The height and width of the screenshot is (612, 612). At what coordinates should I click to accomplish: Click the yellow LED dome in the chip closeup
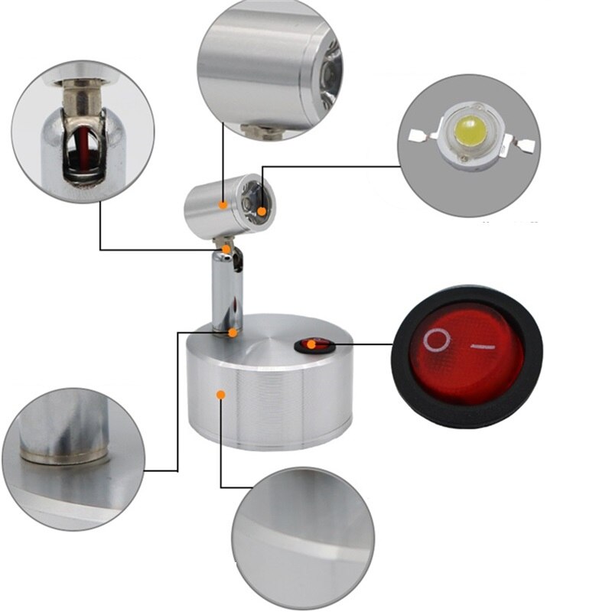pos(469,137)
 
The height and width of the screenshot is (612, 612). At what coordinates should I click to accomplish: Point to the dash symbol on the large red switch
pos(480,347)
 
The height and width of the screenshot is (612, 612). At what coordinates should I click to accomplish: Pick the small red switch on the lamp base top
pos(314,346)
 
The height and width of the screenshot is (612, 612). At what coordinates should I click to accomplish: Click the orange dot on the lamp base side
pos(220,395)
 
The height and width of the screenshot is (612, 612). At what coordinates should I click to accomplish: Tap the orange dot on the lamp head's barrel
pos(223,204)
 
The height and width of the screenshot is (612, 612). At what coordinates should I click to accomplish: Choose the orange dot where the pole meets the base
pos(233,332)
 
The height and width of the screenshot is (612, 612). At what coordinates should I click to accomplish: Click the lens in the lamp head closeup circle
pos(324,76)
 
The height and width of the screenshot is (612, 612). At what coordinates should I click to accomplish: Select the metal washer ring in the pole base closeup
pos(65,456)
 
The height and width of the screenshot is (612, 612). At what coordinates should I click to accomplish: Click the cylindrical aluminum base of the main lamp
pos(268,405)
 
